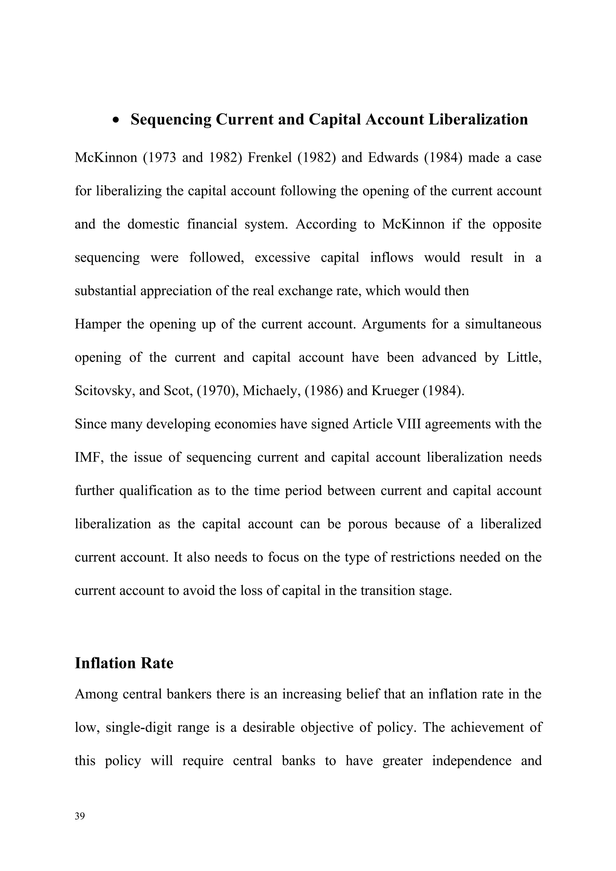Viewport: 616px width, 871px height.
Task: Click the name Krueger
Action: pyautogui.click(x=394, y=391)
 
